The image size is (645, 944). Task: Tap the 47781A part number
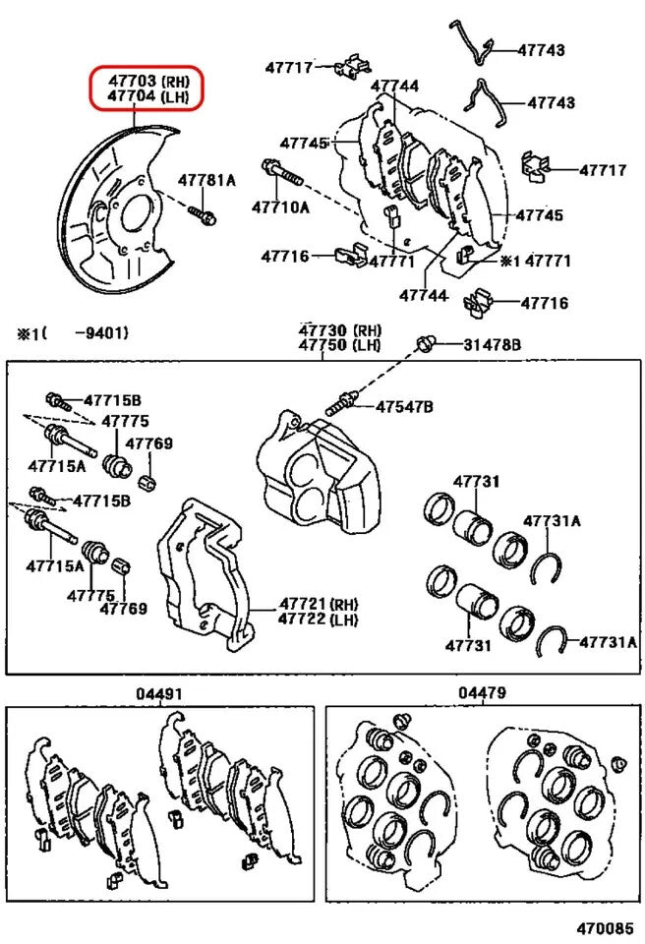coord(206,180)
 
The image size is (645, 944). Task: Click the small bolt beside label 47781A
coord(205,212)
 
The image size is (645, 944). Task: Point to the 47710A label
coord(280,206)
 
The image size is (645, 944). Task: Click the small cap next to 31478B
coord(426,343)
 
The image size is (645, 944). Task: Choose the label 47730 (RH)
coord(339,329)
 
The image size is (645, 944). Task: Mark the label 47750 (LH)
coord(339,344)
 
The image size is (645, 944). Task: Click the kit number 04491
coord(159,693)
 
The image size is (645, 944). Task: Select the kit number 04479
coord(482,693)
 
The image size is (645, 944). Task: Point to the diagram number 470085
coord(604,927)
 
